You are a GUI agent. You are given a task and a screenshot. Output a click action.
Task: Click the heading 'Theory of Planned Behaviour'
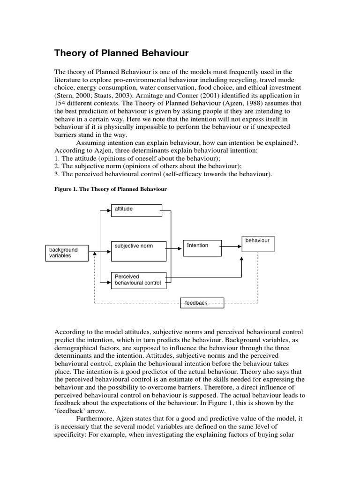click(x=121, y=53)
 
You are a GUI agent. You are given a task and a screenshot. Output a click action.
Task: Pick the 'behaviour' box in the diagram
click(x=258, y=244)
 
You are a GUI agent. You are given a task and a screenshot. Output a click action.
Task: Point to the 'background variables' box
click(x=67, y=253)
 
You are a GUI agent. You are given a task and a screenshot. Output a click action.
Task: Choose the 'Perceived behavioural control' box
click(x=138, y=280)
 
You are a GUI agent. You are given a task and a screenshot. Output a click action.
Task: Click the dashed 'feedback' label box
click(x=202, y=303)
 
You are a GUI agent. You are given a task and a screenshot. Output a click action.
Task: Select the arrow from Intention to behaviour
click(x=232, y=246)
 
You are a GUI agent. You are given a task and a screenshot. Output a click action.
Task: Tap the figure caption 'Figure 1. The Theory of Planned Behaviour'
click(x=111, y=189)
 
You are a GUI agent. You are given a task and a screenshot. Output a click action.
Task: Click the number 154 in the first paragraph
click(x=61, y=103)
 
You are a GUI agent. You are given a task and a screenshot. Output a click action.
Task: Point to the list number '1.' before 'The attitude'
click(x=57, y=158)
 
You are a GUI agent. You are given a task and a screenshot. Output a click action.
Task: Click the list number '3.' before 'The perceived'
click(x=57, y=174)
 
